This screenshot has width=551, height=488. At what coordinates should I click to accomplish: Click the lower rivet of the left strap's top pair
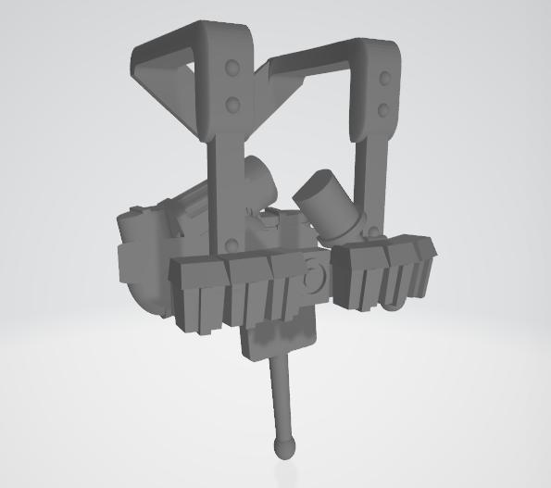[233, 100]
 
